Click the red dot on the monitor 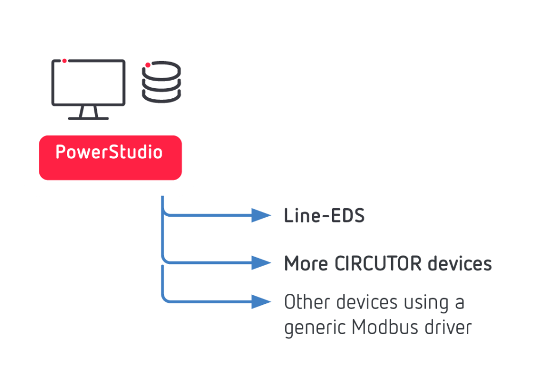(x=64, y=61)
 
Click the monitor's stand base (x=88, y=118)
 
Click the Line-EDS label (x=324, y=216)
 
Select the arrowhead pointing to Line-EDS (x=261, y=215)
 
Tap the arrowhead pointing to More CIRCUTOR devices (x=261, y=262)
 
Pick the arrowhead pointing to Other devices (x=261, y=302)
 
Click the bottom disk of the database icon (x=162, y=96)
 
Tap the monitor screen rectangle (x=88, y=82)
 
